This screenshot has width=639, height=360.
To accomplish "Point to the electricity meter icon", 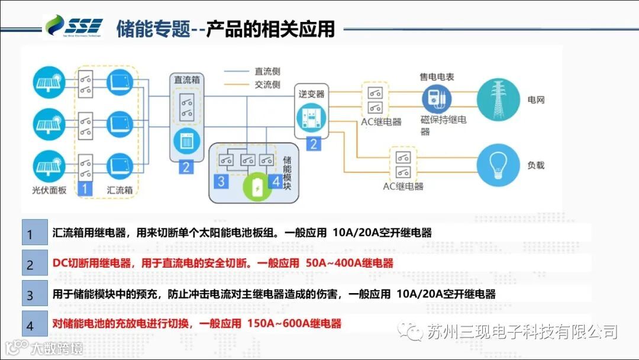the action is (x=437, y=98).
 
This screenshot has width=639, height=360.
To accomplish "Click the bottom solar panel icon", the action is (x=49, y=166).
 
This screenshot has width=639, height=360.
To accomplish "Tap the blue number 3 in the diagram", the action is (x=221, y=181).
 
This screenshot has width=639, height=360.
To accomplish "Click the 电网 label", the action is (x=535, y=99).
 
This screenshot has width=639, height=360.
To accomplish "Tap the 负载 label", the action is (x=535, y=165).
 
